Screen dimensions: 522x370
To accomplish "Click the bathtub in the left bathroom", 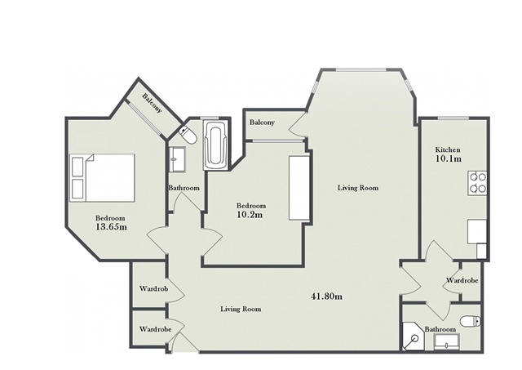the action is (216, 145).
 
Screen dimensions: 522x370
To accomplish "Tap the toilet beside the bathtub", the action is (188, 136).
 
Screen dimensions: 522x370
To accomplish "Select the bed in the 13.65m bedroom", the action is (102, 178).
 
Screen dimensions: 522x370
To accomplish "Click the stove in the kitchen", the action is (477, 183).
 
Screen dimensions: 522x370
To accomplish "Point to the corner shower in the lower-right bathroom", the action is (413, 337).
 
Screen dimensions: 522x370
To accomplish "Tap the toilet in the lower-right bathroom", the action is (471, 321).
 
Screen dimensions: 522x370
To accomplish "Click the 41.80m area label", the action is (326, 296).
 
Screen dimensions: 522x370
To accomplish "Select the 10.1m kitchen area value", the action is (449, 158).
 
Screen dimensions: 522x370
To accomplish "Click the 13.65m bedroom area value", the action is (111, 227).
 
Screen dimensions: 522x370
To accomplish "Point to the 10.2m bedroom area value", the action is (250, 214).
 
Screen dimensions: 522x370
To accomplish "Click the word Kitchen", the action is (448, 149).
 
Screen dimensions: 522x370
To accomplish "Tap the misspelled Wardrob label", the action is (153, 288).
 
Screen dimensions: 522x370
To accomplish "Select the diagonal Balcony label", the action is (153, 103).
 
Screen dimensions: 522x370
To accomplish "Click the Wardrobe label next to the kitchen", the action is (462, 281).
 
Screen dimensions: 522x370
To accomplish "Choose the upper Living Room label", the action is (358, 188).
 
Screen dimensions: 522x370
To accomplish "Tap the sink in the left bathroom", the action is (178, 159).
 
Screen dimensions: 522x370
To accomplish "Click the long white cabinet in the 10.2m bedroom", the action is (299, 188).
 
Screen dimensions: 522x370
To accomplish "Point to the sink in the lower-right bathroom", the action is (447, 342).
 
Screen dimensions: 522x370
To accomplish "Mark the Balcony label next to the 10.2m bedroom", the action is (262, 123).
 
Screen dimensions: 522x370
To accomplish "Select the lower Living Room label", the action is (241, 310).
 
